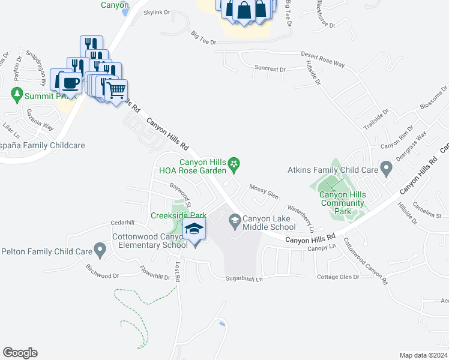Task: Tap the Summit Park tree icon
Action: tap(16, 95)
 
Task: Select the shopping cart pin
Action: tap(115, 90)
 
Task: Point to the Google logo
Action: tap(19, 353)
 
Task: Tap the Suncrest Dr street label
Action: tap(270, 69)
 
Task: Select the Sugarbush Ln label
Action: tap(244, 279)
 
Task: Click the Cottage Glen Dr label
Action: tap(337, 277)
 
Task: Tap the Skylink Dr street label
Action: tap(157, 11)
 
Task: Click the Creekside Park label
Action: tap(178, 215)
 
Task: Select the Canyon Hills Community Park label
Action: tap(343, 202)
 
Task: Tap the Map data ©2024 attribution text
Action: tap(423, 355)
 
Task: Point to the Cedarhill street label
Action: tap(122, 222)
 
